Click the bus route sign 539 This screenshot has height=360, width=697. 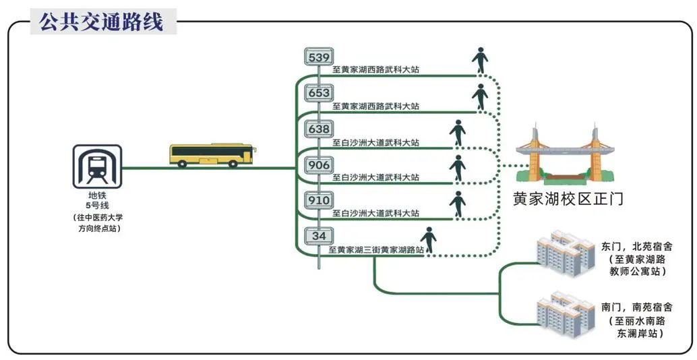319,57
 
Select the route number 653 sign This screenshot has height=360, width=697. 319,93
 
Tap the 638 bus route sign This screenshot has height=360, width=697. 319,129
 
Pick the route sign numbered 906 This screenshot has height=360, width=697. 319,164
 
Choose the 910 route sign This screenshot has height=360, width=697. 319,200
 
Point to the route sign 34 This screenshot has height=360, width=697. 319,236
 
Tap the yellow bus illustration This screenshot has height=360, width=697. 211,155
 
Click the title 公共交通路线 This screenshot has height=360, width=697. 101,22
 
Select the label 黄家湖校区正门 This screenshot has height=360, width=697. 568,200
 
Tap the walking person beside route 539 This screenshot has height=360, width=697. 480,61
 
